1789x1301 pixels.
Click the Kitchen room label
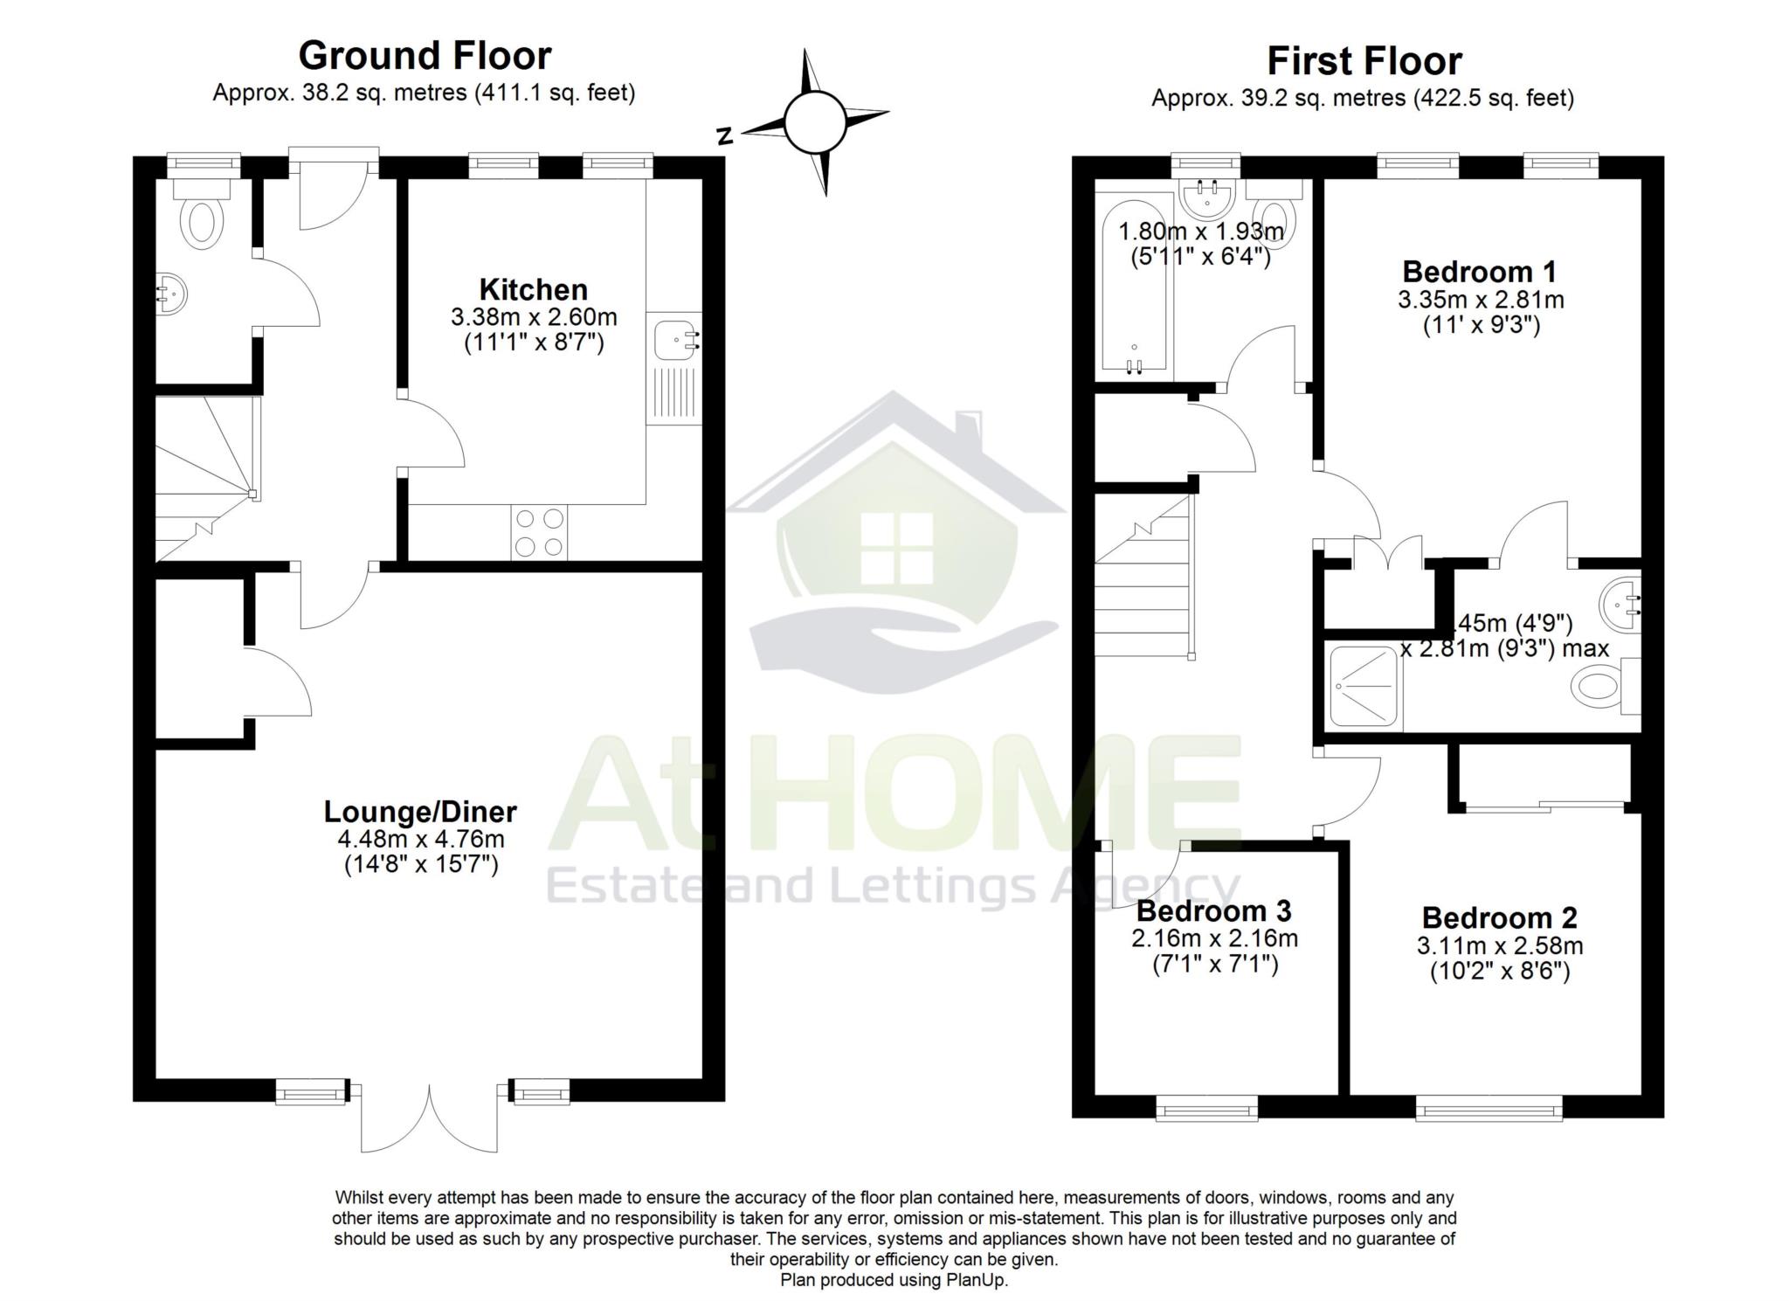pos(533,289)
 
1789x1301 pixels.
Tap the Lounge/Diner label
pos(420,812)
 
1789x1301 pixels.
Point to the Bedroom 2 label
pos(1500,917)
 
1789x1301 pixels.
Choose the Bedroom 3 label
pos(1213,911)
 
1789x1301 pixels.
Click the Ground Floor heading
pos(425,56)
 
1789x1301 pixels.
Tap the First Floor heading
pos(1364,61)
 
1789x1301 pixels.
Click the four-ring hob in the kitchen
pos(539,532)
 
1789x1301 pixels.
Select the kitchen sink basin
pos(675,337)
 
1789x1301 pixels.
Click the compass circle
pos(814,122)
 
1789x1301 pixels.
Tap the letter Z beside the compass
pos(723,136)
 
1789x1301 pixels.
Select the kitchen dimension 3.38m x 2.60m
pos(534,316)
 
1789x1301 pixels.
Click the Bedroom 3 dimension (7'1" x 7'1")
pos(1214,965)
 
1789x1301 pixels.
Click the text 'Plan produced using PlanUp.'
pos(894,1280)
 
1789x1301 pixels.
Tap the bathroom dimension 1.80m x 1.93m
pos(1201,232)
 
